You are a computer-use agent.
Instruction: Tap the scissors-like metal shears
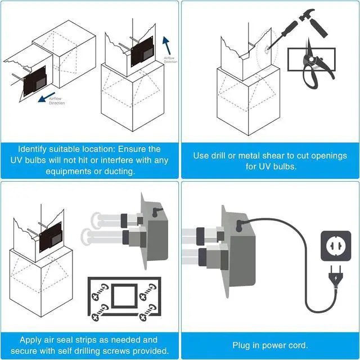(x=313, y=62)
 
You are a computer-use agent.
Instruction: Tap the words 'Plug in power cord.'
(x=270, y=345)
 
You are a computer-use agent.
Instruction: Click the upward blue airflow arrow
(x=166, y=45)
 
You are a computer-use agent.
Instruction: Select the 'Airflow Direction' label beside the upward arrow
(x=170, y=59)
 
